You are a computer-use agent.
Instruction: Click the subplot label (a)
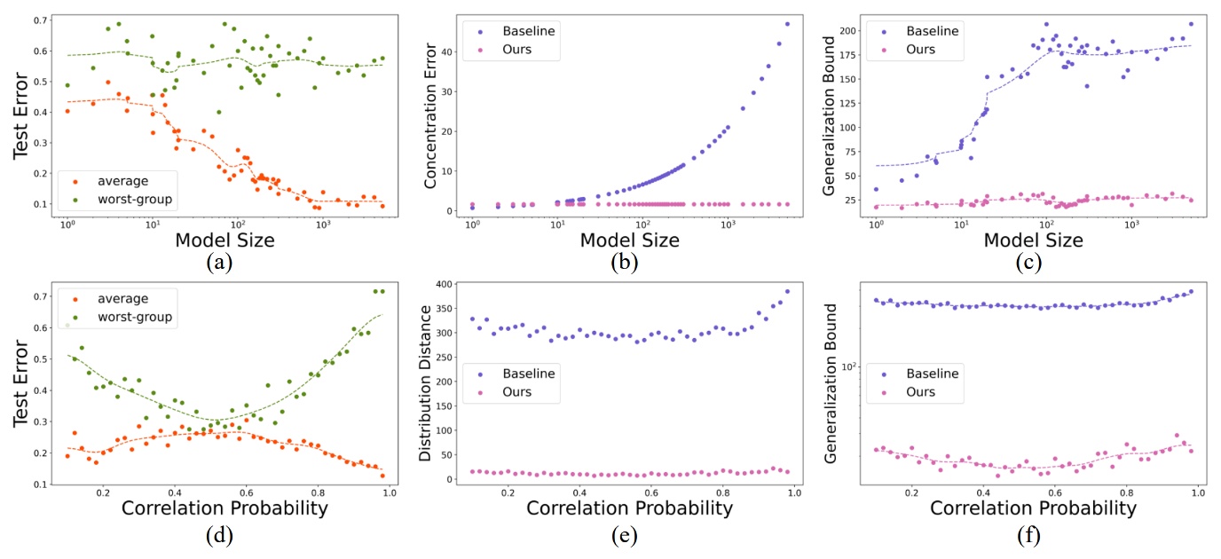click(x=214, y=263)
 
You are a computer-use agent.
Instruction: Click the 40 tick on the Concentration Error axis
click(x=450, y=51)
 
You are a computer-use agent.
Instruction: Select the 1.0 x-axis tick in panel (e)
click(x=794, y=493)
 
